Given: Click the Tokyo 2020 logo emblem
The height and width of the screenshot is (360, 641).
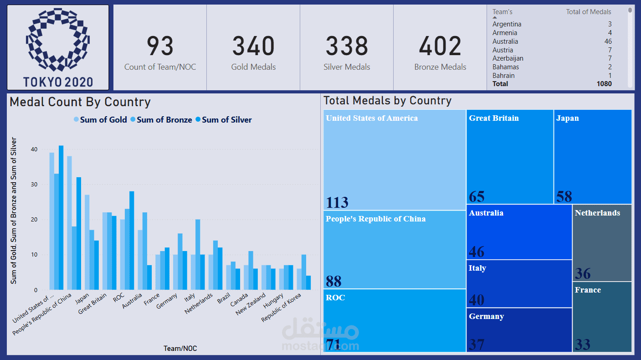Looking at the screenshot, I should (x=58, y=40).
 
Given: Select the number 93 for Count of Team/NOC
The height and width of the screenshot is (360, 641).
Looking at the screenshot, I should (x=160, y=46).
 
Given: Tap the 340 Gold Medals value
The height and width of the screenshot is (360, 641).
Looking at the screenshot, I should (x=253, y=46).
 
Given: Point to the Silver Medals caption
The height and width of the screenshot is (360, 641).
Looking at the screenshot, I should (x=347, y=67).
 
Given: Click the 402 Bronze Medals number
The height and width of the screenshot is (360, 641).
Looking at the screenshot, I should (x=440, y=46).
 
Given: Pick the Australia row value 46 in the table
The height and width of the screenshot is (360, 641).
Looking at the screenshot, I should (x=608, y=41).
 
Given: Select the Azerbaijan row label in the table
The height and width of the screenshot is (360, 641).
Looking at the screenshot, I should (x=508, y=58).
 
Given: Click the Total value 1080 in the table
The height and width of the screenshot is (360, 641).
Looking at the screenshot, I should (x=604, y=84).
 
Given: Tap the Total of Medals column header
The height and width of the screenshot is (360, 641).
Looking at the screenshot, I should (x=589, y=12).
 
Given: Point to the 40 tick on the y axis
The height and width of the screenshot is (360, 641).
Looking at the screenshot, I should (x=34, y=149).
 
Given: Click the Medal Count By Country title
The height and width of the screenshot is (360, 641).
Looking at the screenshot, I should (x=80, y=102).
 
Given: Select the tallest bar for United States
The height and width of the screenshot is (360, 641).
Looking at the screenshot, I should (x=61, y=217).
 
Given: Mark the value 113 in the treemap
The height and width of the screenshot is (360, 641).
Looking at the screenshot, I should (x=337, y=202).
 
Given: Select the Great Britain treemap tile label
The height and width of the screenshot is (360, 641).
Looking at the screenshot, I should (x=494, y=118).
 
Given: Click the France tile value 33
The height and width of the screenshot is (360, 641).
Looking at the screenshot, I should (x=583, y=344).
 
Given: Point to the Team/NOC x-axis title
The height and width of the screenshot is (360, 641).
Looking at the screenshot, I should (x=180, y=349).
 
